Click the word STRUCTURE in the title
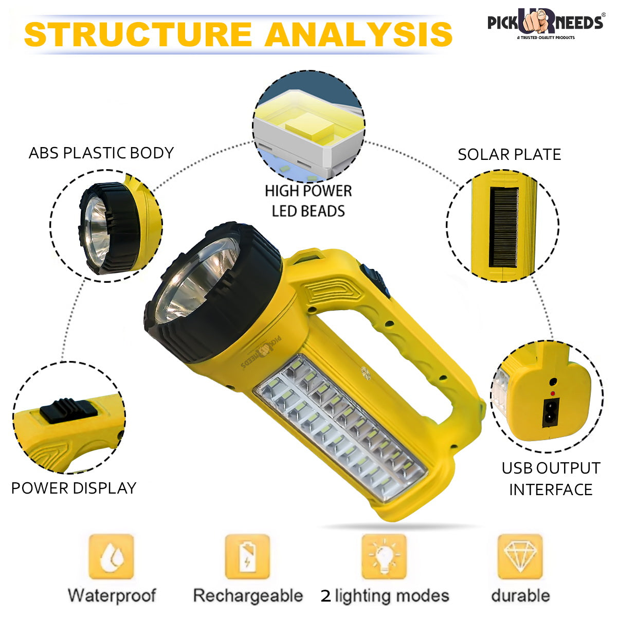pyautogui.click(x=138, y=34)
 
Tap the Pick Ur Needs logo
pyautogui.click(x=545, y=24)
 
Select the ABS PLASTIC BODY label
pyautogui.click(x=101, y=153)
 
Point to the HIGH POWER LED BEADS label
pyautogui.click(x=308, y=201)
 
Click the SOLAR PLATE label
pyautogui.click(x=509, y=154)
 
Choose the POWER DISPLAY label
pyautogui.click(x=74, y=487)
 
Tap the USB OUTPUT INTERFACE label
pyautogui.click(x=551, y=479)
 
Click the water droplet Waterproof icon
pyautogui.click(x=111, y=557)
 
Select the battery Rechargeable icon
pyautogui.click(x=247, y=557)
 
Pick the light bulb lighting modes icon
pyautogui.click(x=384, y=557)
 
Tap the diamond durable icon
pyautogui.click(x=520, y=557)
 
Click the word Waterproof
pyautogui.click(x=112, y=595)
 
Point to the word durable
pyautogui.click(x=520, y=595)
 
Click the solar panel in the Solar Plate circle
pyautogui.click(x=503, y=227)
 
